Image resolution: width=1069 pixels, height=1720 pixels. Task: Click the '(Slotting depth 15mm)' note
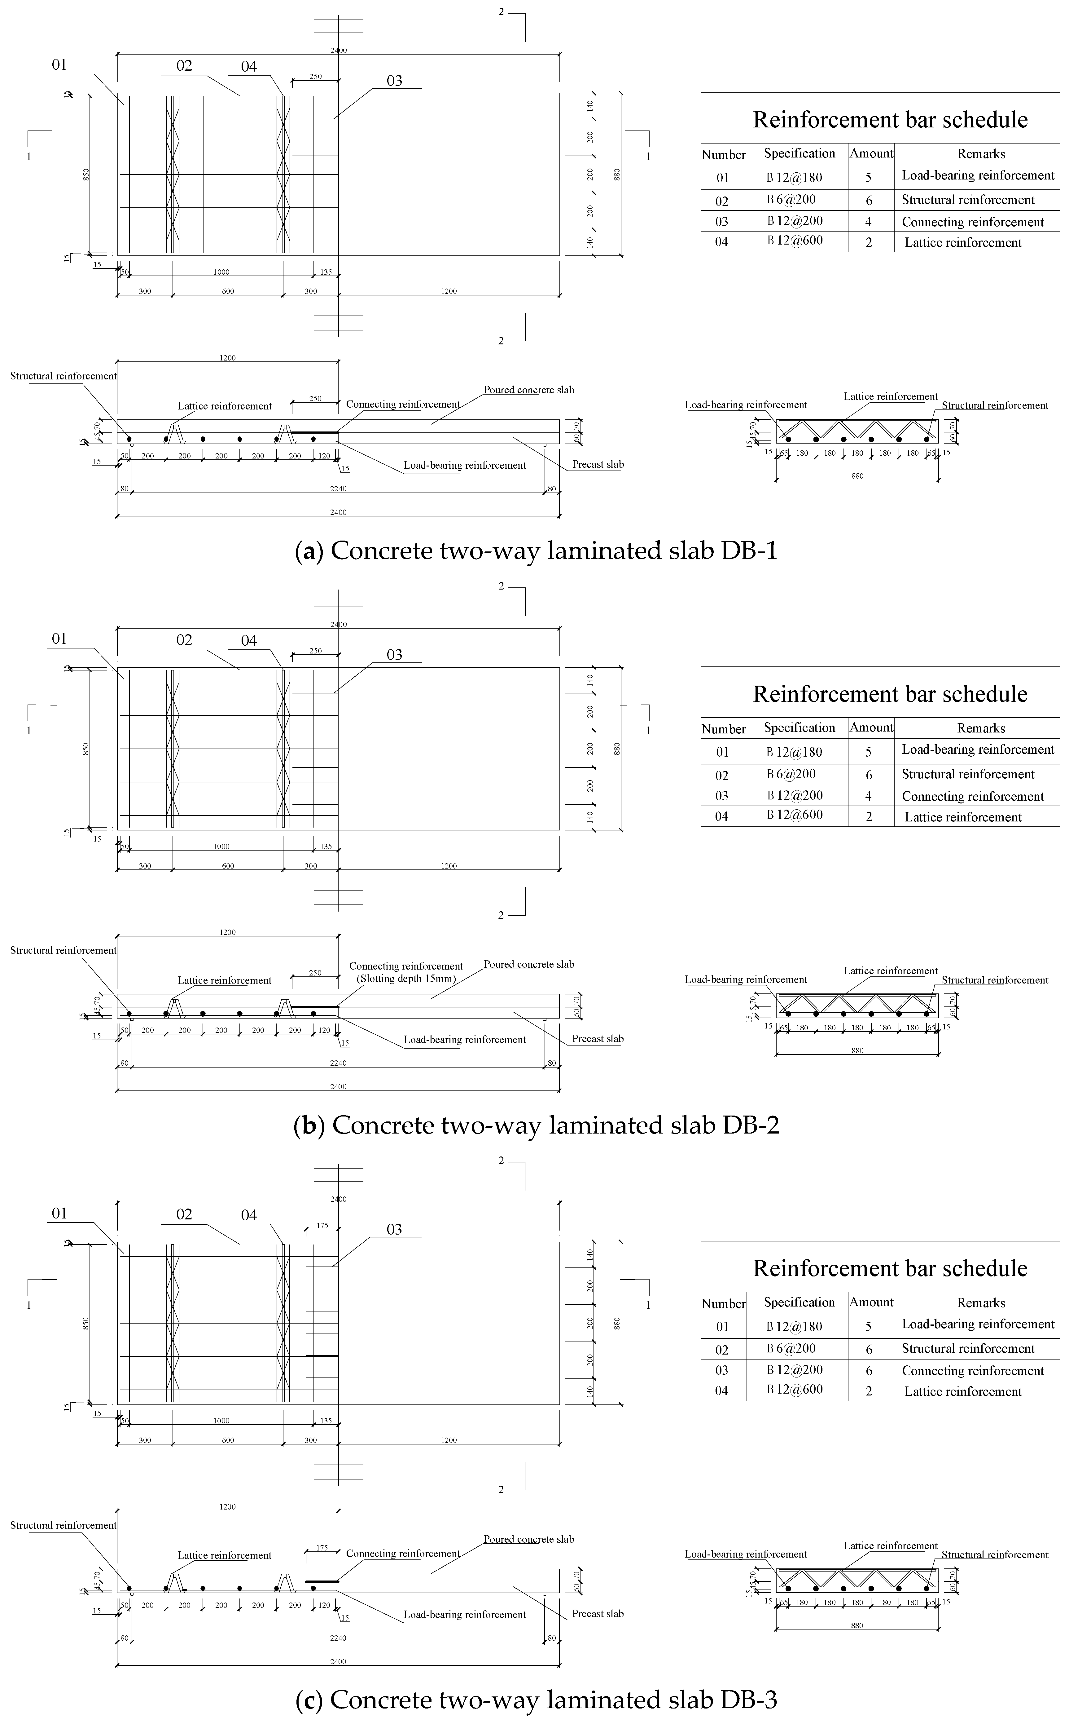406,979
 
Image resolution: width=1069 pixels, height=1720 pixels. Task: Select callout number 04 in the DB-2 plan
249,641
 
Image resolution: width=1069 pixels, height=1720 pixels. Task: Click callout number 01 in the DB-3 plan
59,1214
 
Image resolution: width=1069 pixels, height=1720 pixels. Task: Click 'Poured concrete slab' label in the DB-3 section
529,1539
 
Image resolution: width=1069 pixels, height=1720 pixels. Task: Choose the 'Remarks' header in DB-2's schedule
981,728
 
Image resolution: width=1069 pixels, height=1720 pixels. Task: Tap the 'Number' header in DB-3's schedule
723,1303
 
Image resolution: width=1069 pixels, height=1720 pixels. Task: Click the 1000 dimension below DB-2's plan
221,847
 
